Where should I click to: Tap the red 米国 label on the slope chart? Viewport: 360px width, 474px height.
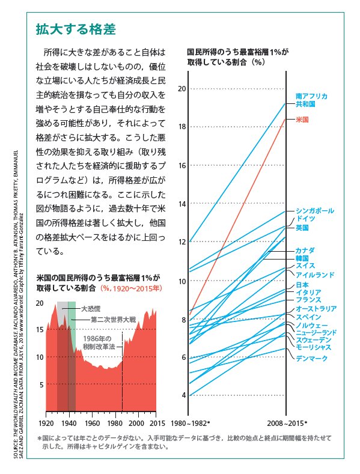coord(302,120)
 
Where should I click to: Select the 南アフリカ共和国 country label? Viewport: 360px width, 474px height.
coord(311,100)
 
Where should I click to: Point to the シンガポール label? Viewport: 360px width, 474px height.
coord(316,211)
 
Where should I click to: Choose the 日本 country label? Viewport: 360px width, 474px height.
coord(302,285)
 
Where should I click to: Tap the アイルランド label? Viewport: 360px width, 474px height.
coord(315,275)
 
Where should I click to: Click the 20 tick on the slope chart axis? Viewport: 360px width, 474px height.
coord(182,88)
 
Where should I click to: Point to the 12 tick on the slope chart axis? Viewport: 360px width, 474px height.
coord(182,242)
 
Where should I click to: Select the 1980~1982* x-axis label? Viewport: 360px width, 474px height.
coord(191,422)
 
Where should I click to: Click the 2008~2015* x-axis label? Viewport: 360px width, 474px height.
coord(287,422)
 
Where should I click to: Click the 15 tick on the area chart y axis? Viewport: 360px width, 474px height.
coord(39,330)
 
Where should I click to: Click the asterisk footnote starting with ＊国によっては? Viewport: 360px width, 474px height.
coord(183,442)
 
